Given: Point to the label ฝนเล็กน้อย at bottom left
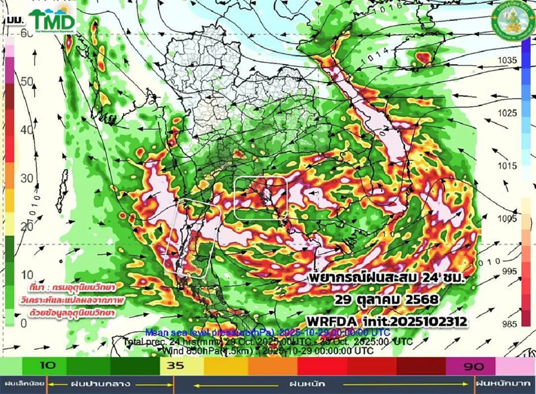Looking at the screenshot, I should click(24, 384).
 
